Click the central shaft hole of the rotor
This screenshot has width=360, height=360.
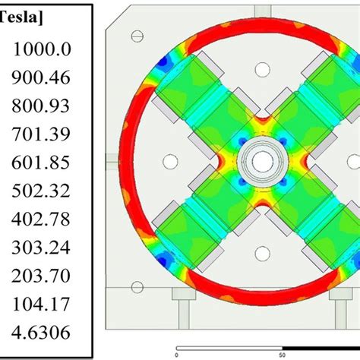[261, 161]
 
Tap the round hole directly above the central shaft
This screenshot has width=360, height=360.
[261, 70]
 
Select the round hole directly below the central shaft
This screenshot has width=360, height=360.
[261, 253]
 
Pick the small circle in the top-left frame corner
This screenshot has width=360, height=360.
[137, 36]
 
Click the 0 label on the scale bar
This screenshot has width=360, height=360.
[176, 353]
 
